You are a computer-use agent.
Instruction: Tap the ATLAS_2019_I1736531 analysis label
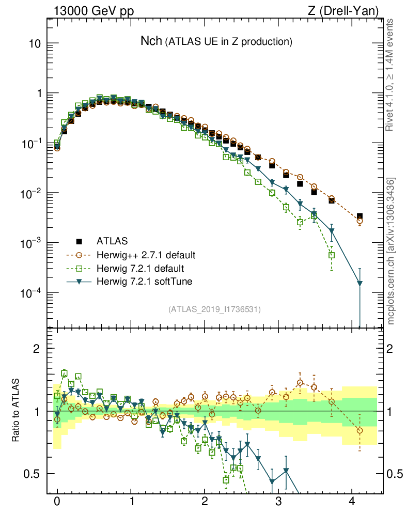(x=214, y=309)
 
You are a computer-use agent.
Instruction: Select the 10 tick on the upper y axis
(x=34, y=43)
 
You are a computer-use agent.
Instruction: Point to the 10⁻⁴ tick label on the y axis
(x=28, y=293)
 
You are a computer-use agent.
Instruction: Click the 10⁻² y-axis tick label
(x=28, y=193)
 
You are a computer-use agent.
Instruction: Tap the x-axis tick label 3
(x=278, y=501)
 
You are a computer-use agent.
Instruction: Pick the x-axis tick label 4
(x=352, y=501)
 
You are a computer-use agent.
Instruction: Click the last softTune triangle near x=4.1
(x=360, y=284)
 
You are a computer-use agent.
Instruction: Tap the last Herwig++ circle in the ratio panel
(x=360, y=430)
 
